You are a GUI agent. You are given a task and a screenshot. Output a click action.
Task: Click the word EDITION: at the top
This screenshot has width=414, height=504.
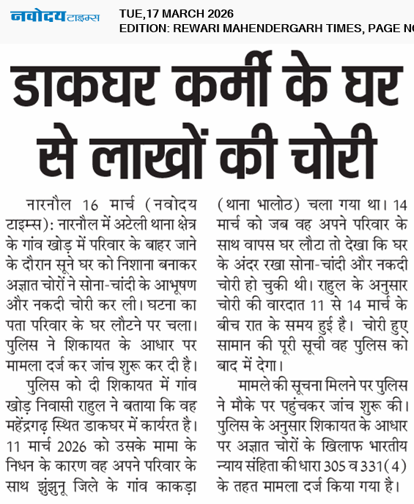[x=145, y=29]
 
